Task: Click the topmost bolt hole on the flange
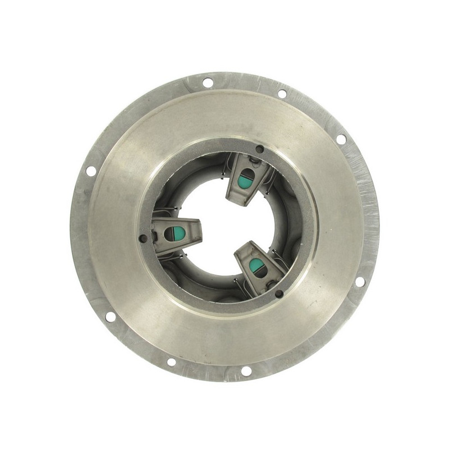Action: pyautogui.click(x=207, y=83)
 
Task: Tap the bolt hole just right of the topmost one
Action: pyautogui.click(x=282, y=93)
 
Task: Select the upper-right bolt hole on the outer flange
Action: pyautogui.click(x=341, y=139)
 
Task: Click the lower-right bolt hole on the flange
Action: pyautogui.click(x=360, y=281)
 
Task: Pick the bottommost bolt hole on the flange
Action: pyautogui.click(x=246, y=371)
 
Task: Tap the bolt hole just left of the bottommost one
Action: pyautogui.click(x=171, y=361)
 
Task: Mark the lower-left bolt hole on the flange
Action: pyautogui.click(x=110, y=317)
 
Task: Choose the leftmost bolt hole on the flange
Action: pyautogui.click(x=90, y=171)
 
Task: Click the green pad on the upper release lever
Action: pyautogui.click(x=244, y=180)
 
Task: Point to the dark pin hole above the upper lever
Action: pyautogui.click(x=259, y=149)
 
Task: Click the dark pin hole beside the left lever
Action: pyautogui.click(x=144, y=239)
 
